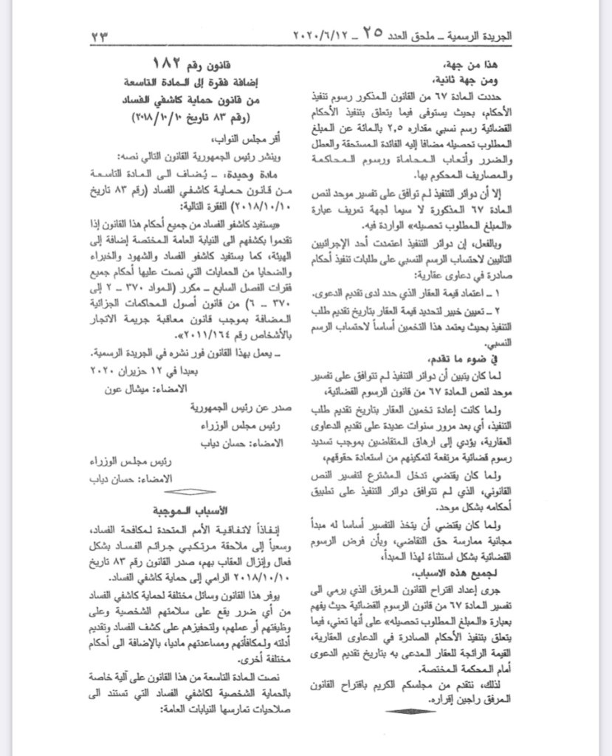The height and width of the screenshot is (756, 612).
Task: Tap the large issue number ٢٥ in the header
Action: (x=372, y=32)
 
